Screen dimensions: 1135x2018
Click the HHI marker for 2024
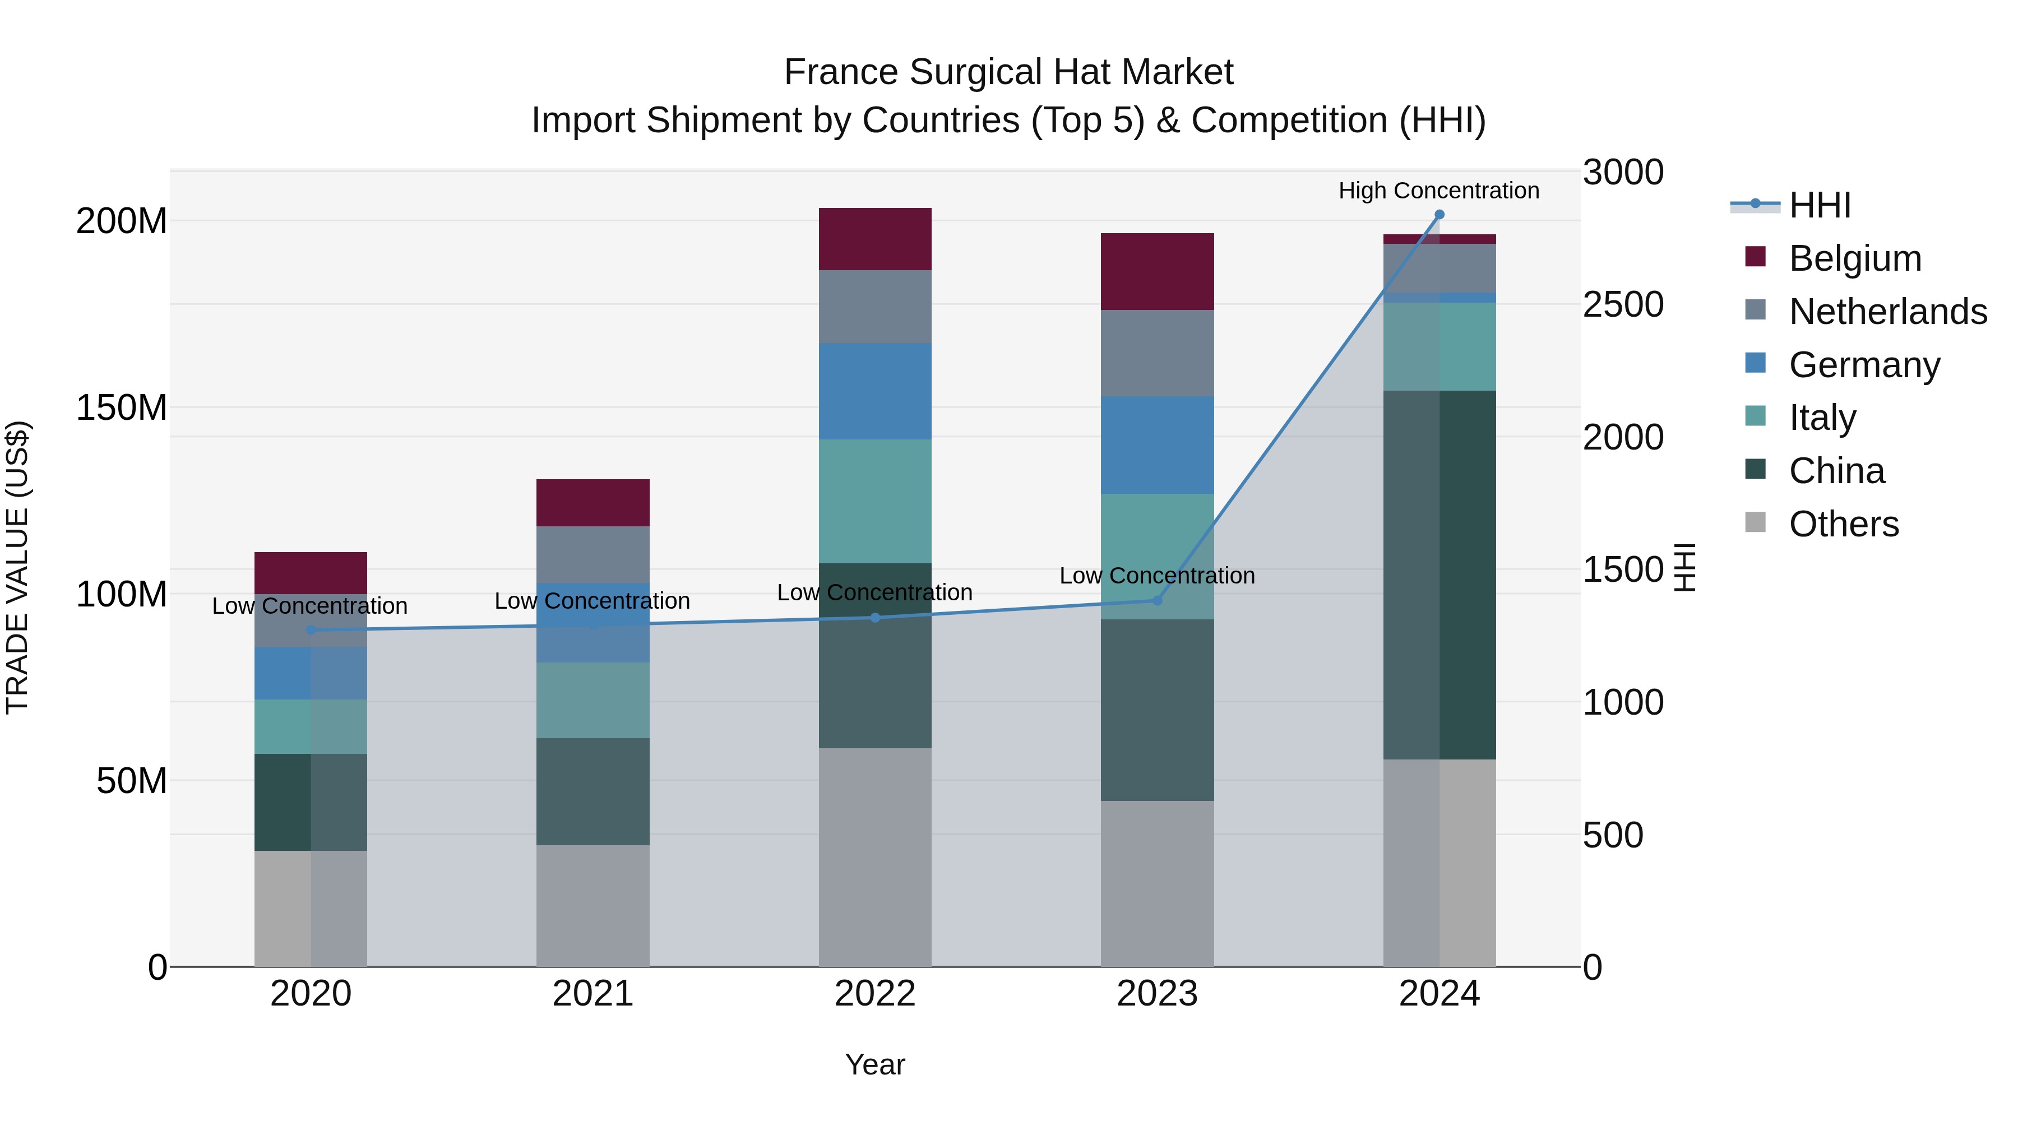pos(1439,215)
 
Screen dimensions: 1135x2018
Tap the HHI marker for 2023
pos(1157,601)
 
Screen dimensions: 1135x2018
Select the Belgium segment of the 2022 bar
pos(875,239)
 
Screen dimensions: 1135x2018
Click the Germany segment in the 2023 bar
pos(1157,445)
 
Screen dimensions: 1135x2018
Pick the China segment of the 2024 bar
pos(1439,574)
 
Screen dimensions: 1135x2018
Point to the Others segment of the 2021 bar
pos(593,906)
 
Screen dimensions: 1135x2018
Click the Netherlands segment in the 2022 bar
pos(875,306)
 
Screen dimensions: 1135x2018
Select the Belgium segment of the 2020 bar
pos(311,573)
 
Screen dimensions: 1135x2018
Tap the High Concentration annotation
pos(1438,191)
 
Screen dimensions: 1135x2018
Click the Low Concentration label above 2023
pos(1157,576)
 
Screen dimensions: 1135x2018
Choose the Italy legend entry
pos(1822,418)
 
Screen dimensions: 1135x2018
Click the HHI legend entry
pos(1820,205)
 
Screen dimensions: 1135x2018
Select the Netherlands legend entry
pos(1888,312)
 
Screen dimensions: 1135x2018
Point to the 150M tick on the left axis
pos(122,408)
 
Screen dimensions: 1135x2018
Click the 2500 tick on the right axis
pos(1622,305)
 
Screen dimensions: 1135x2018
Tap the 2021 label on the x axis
pos(593,994)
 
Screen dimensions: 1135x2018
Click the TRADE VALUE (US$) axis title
pos(18,567)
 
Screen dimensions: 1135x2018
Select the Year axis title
pos(875,1064)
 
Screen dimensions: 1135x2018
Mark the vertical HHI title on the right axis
pos(1684,567)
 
